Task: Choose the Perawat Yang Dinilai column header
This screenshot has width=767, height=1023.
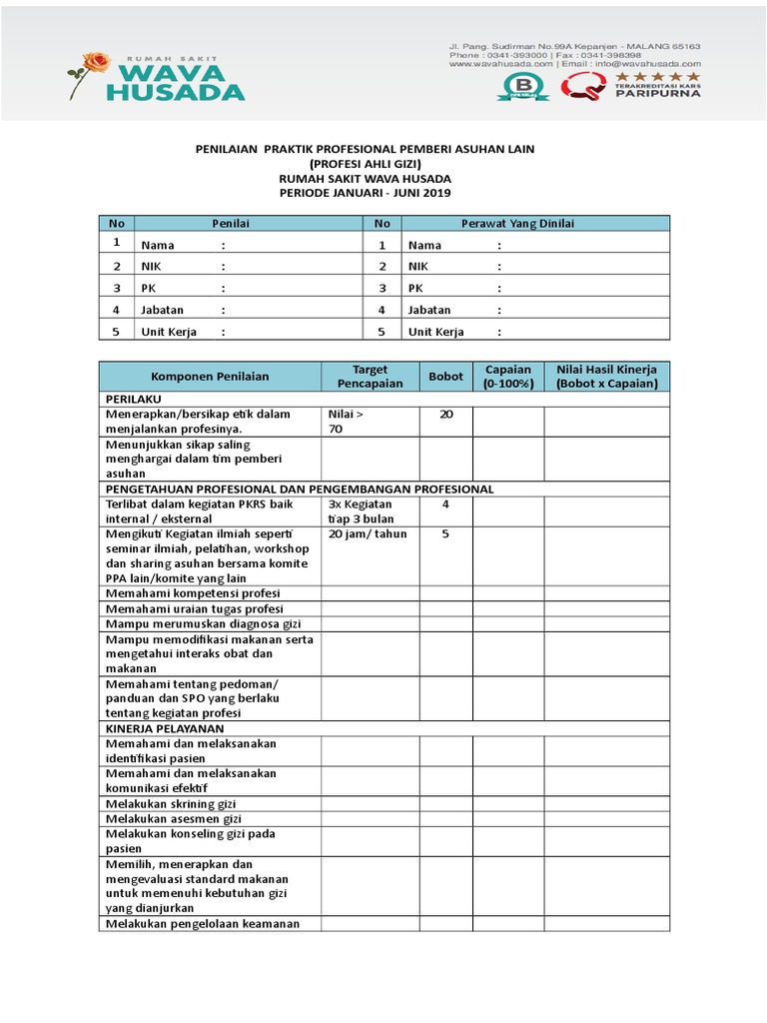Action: pos(516,224)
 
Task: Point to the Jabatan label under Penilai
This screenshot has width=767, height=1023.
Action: pos(163,311)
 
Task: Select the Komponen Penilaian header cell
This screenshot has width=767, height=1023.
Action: pos(210,377)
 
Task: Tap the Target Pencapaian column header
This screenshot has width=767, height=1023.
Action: pos(370,377)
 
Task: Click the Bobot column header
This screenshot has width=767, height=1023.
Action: pos(445,377)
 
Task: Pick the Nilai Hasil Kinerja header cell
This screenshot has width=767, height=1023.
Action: pos(606,377)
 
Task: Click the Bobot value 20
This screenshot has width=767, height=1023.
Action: pos(445,414)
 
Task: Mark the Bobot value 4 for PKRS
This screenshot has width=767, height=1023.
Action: pos(445,505)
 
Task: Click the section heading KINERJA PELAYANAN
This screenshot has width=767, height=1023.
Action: pos(165,729)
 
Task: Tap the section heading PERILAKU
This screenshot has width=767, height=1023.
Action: pos(134,398)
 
